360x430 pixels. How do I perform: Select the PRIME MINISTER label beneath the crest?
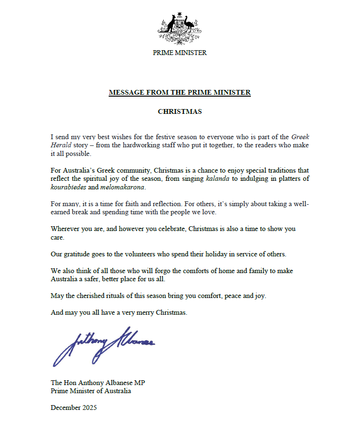pyautogui.click(x=180, y=53)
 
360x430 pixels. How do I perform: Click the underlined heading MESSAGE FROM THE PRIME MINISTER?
pyautogui.click(x=180, y=92)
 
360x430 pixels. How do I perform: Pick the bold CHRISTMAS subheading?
pyautogui.click(x=180, y=111)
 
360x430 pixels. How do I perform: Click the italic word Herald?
pyautogui.click(x=60, y=145)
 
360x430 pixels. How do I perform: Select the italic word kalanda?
pyautogui.click(x=216, y=178)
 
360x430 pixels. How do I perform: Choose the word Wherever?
pyautogui.click(x=66, y=229)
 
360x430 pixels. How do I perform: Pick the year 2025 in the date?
pyautogui.click(x=89, y=408)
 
